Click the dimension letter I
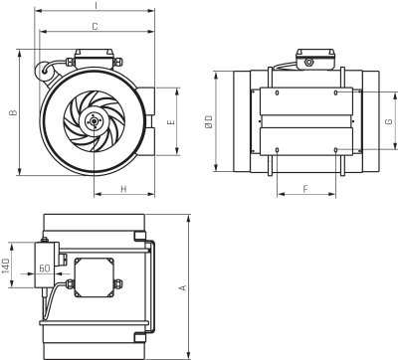96,5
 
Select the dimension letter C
95,26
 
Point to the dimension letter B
13,112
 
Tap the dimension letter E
171,122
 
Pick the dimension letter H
123,189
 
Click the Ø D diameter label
208,122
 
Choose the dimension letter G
389,121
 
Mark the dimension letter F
305,189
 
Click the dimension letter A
183,287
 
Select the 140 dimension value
6,266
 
